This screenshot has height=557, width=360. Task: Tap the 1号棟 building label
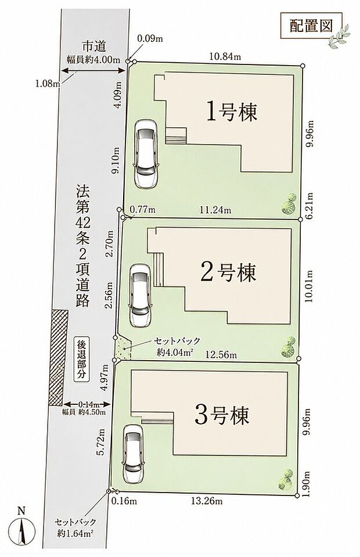pyautogui.click(x=231, y=113)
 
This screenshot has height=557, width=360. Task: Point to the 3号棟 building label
pyautogui.click(x=222, y=415)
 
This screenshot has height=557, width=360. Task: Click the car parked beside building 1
pyautogui.click(x=145, y=153)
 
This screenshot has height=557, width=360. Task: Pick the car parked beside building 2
pyautogui.click(x=141, y=295)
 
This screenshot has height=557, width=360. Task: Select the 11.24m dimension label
pyautogui.click(x=215, y=210)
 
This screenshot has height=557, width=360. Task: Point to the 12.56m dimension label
pyautogui.click(x=221, y=354)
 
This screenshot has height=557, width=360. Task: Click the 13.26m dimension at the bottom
pyautogui.click(x=207, y=501)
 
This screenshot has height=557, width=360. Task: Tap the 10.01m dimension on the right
pyautogui.click(x=309, y=286)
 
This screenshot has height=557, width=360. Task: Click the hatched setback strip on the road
pyautogui.click(x=58, y=357)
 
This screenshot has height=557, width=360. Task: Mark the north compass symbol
pyautogui.click(x=22, y=529)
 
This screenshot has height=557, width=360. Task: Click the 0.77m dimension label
pyautogui.click(x=142, y=210)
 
